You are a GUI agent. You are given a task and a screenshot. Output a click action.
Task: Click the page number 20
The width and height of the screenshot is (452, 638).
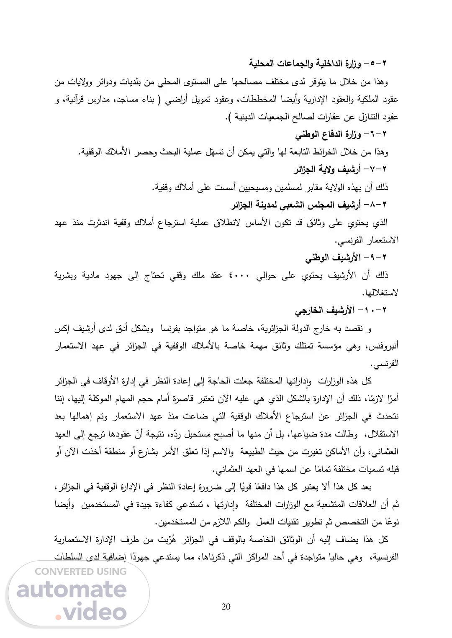point(226,607)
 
